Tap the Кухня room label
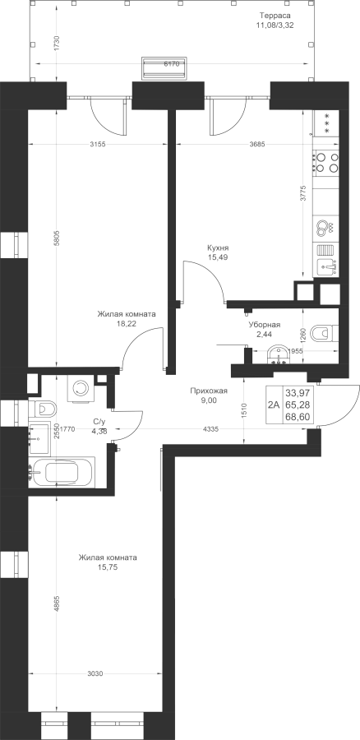pyautogui.click(x=218, y=247)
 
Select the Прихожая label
pyautogui.click(x=209, y=391)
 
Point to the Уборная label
pyautogui.click(x=265, y=325)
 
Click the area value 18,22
pyautogui.click(x=127, y=324)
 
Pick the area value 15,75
pyautogui.click(x=108, y=567)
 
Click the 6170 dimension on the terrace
pyautogui.click(x=171, y=65)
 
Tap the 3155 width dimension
pyautogui.click(x=96, y=145)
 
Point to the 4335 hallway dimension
pyautogui.click(x=210, y=429)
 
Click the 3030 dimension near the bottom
pyautogui.click(x=95, y=673)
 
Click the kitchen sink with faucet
pyautogui.click(x=326, y=267)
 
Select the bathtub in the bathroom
pyautogui.click(x=62, y=473)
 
